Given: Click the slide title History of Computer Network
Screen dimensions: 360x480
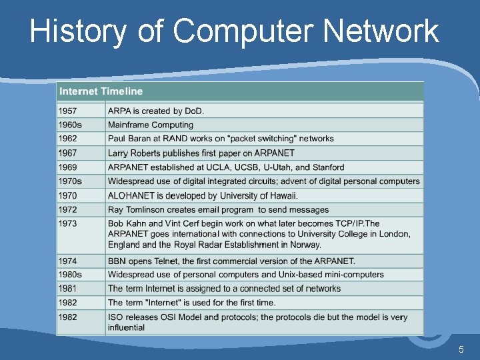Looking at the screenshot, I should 234,31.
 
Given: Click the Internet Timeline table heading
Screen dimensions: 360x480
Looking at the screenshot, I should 101,91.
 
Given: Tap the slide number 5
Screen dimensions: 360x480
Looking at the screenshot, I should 461,350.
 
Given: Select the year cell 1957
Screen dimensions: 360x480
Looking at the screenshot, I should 67,111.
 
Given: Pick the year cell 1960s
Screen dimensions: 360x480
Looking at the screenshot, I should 70,125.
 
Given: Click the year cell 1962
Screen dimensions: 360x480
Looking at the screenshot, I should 67,139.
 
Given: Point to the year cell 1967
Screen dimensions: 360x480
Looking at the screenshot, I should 67,153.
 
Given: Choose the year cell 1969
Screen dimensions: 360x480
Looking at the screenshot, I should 67,167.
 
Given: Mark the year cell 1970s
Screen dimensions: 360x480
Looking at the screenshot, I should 70,181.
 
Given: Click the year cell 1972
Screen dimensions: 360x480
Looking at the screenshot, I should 67,209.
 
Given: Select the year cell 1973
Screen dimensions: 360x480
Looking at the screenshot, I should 67,223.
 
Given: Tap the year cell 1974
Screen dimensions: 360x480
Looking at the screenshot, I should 67,261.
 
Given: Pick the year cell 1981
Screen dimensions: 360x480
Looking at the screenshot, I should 67,289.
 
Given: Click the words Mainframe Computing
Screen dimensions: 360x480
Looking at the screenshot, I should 151,125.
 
